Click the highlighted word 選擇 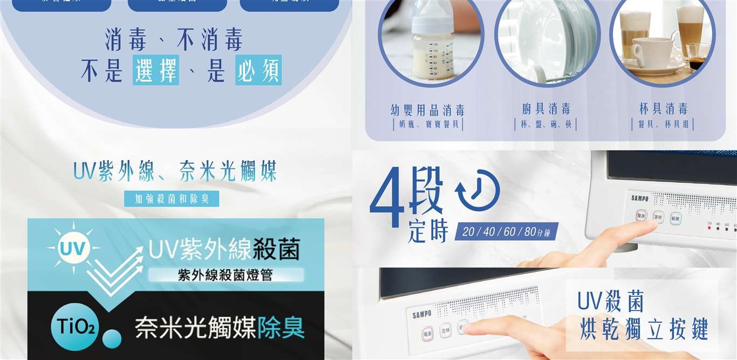(x=156, y=70)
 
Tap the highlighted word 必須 (x=258, y=70)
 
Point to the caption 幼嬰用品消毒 (x=427, y=110)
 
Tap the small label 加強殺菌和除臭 (x=172, y=199)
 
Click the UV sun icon (x=73, y=249)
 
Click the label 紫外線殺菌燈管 (x=226, y=275)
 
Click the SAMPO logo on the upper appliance (x=640, y=198)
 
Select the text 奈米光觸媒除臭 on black (x=220, y=328)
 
